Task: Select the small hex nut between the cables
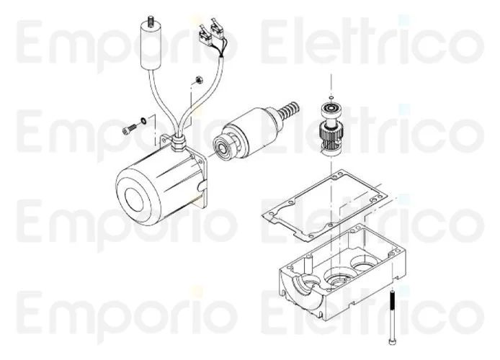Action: [x=197, y=79]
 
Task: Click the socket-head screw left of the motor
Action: [x=129, y=128]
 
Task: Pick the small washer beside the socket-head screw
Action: [x=143, y=120]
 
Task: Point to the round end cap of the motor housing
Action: [x=137, y=197]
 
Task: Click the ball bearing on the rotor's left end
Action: [x=223, y=147]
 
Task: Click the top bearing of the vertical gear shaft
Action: [x=331, y=109]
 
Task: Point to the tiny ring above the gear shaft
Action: [x=331, y=97]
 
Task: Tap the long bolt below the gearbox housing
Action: [x=392, y=316]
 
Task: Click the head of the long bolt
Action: [x=392, y=341]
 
